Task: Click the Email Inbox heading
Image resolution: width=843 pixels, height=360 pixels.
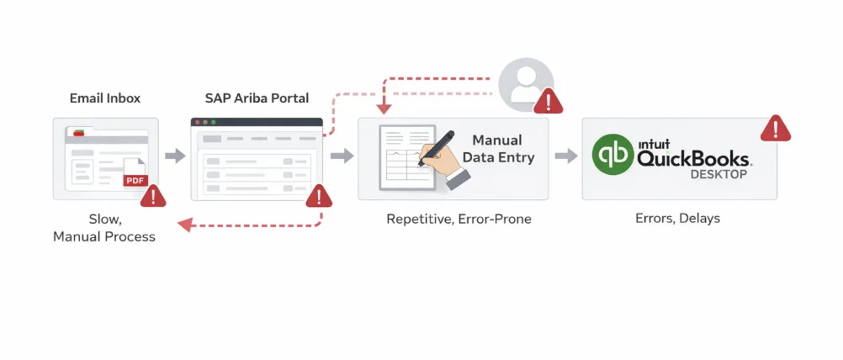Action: (x=104, y=98)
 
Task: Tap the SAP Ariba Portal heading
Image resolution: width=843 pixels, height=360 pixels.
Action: (x=257, y=98)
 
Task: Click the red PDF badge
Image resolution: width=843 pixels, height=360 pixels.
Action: (x=134, y=180)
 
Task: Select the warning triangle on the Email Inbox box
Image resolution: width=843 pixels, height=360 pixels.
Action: (x=153, y=197)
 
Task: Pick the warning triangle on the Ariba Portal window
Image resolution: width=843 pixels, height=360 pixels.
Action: (x=318, y=197)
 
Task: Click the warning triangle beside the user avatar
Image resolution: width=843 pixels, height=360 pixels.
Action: (x=550, y=101)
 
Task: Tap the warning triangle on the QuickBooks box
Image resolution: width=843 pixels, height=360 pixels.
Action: (x=774, y=129)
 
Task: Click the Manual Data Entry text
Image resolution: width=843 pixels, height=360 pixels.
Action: (x=502, y=149)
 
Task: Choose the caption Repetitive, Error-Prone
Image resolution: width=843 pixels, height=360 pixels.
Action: (x=459, y=220)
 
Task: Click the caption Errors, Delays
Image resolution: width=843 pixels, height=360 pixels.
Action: (x=677, y=219)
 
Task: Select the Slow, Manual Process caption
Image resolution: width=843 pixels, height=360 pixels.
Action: (x=103, y=228)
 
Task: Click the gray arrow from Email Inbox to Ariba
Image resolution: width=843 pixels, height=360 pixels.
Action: (x=175, y=156)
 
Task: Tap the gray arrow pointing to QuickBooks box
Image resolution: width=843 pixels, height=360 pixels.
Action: (x=566, y=156)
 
